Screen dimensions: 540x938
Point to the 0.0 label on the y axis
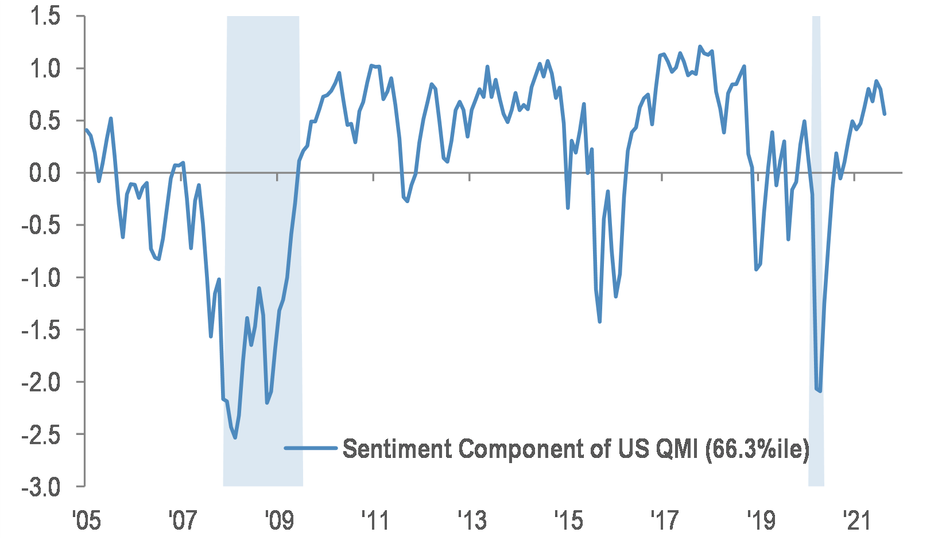click(x=45, y=173)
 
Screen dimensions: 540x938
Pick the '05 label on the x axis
click(x=86, y=520)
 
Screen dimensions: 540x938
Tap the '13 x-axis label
click(x=471, y=520)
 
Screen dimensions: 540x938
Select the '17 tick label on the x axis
click(x=664, y=520)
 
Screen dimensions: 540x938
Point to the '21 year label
click(x=856, y=520)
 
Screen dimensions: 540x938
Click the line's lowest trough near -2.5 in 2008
click(x=235, y=438)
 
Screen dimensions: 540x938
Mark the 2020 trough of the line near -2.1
click(x=820, y=391)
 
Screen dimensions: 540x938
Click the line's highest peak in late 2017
click(x=699, y=46)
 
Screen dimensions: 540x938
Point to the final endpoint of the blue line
click(x=885, y=114)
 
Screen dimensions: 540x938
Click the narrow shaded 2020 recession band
click(x=816, y=258)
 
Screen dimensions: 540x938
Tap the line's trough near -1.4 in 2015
click(x=600, y=321)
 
